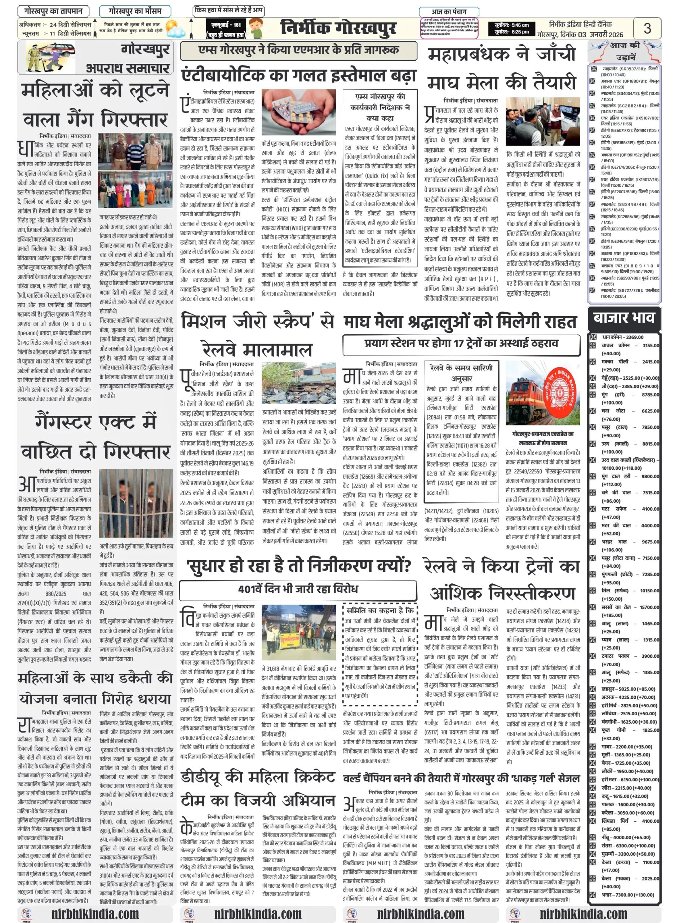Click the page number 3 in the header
[647, 28]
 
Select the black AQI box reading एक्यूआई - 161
[226, 29]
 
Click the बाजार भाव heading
[623, 318]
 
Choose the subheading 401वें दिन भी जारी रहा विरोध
[298, 589]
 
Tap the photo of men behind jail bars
[136, 503]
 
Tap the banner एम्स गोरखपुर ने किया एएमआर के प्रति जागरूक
[298, 50]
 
